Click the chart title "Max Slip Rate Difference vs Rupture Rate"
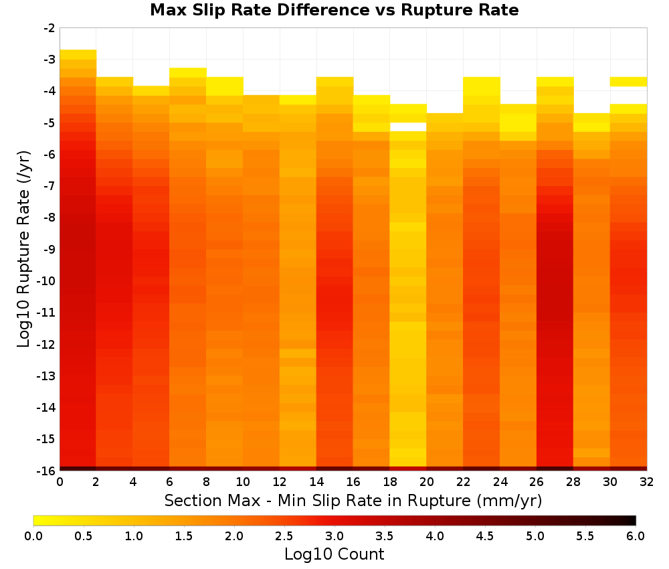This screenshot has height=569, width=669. tap(334, 10)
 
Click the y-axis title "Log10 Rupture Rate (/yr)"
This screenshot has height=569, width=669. tap(24, 249)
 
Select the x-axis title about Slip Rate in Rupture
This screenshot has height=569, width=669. tap(353, 501)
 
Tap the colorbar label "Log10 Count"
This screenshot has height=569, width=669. tap(334, 554)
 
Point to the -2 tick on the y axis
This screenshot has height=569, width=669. tap(49, 28)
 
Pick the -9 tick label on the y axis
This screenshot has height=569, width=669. tap(49, 249)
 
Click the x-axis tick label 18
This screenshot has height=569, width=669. tap(390, 483)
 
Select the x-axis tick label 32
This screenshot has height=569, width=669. tap(647, 483)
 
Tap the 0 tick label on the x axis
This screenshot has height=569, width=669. tap(60, 483)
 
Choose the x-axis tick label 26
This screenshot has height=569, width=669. tap(537, 483)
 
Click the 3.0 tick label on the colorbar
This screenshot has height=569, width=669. tap(334, 536)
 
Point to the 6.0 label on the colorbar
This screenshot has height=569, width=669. tap(636, 536)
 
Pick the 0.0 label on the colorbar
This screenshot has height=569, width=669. tap(33, 536)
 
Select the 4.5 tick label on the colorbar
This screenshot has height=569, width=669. tap(484, 536)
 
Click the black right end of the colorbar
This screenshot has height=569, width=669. tap(634, 520)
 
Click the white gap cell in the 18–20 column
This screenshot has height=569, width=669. tap(408, 127)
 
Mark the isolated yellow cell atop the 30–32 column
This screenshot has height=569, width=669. tap(628, 82)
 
